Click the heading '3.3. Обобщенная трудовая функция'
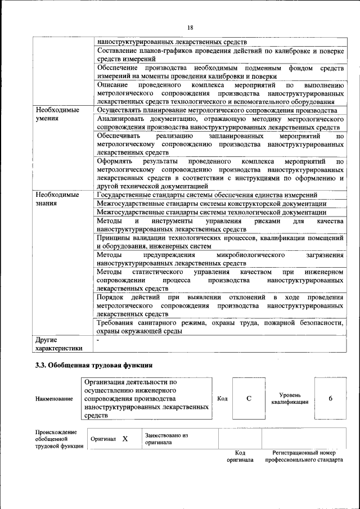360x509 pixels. pos(93,366)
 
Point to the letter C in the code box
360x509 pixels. pos(249,398)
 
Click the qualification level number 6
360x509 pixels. pos(330,398)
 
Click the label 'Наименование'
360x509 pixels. pos(54,399)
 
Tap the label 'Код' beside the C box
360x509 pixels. pos(222,399)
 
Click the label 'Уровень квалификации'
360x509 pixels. pos(290,398)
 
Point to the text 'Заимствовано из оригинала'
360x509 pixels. pos(166,439)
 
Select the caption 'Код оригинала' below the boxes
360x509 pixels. pos(240,456)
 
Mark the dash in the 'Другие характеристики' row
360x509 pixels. pos(98,340)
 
